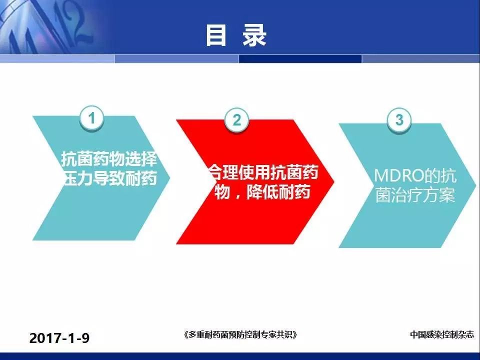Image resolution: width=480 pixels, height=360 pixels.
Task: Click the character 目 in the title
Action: pyautogui.click(x=216, y=35)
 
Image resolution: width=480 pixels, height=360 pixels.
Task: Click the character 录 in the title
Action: pyautogui.click(x=254, y=35)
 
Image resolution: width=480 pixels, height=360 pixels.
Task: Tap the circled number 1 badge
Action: pyautogui.click(x=92, y=118)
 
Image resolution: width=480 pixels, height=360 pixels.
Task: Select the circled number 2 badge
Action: pyautogui.click(x=236, y=119)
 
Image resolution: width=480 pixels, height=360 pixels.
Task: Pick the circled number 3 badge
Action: pyautogui.click(x=399, y=119)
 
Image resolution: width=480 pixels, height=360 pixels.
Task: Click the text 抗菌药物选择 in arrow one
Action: pyautogui.click(x=109, y=158)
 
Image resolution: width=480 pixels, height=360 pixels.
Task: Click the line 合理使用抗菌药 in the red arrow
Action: pyautogui.click(x=264, y=172)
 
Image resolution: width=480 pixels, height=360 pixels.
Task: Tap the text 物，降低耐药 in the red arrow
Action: pyautogui.click(x=262, y=191)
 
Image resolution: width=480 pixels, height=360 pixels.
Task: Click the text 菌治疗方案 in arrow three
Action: pyautogui.click(x=415, y=194)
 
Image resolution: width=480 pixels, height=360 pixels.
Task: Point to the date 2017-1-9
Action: pyautogui.click(x=59, y=338)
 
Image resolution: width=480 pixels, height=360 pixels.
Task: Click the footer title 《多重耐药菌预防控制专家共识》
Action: pyautogui.click(x=240, y=334)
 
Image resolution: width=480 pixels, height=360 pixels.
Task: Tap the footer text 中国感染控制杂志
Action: pyautogui.click(x=442, y=334)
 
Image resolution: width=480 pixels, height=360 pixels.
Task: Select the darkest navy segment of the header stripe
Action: pyautogui.click(x=300, y=58)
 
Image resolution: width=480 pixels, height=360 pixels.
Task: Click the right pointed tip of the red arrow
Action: pyautogui.click(x=334, y=182)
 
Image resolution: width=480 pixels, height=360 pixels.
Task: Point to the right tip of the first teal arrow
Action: pyautogui.click(x=169, y=178)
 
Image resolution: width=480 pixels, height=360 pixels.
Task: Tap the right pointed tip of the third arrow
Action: pyautogui.click(x=476, y=185)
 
